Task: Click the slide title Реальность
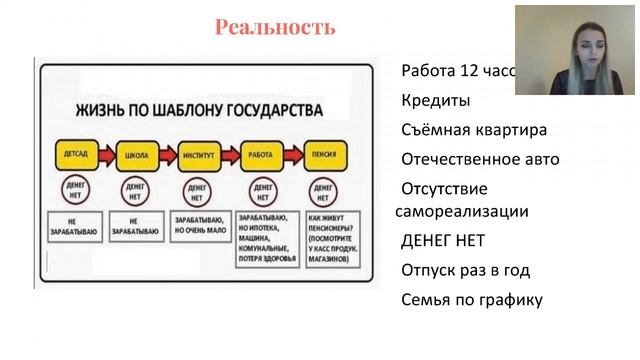pyautogui.click(x=275, y=28)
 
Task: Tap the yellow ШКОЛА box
pyautogui.click(x=133, y=156)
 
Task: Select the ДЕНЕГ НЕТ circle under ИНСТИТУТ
pyautogui.click(x=195, y=190)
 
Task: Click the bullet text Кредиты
pyautogui.click(x=436, y=101)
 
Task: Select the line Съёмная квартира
pyautogui.click(x=474, y=130)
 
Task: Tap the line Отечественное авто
pyautogui.click(x=480, y=159)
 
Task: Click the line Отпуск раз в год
pyautogui.click(x=465, y=270)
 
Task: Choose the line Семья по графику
pyautogui.click(x=471, y=299)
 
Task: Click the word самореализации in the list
pyautogui.click(x=463, y=211)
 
